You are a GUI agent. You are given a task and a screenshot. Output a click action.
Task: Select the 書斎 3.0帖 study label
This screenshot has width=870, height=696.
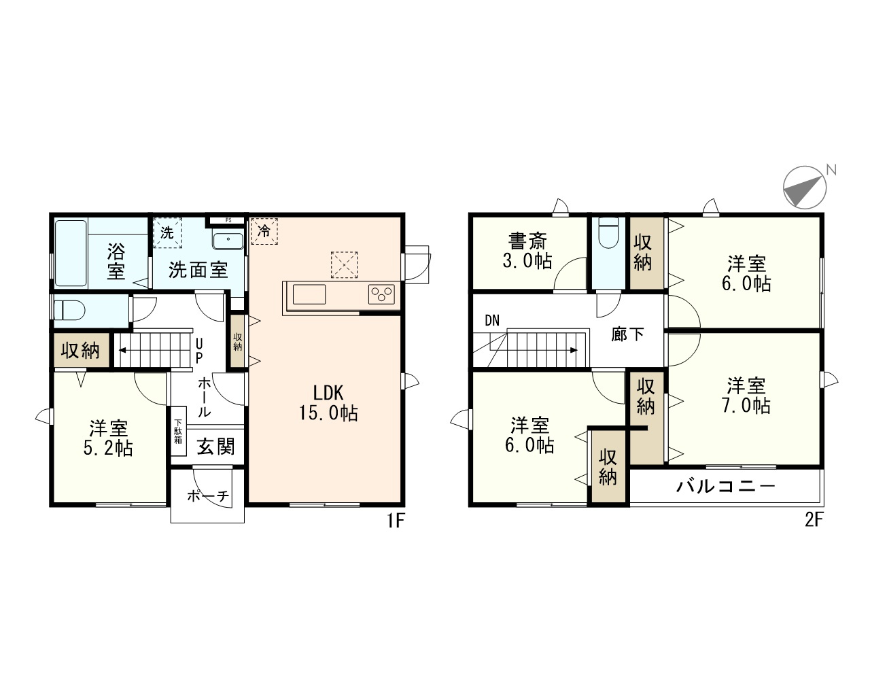point(528,251)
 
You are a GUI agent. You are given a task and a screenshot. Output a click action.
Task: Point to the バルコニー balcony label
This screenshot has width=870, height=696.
point(725,487)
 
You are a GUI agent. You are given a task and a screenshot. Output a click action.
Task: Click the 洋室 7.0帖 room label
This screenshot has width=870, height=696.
point(747,396)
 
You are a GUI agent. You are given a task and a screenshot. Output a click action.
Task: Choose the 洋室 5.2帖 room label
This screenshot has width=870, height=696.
point(109,438)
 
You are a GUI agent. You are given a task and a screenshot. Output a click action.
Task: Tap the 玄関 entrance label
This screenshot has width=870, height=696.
point(215,447)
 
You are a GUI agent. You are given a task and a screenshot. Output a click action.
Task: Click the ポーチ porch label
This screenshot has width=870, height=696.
point(207,496)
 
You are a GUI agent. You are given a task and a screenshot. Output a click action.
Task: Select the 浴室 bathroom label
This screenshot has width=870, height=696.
point(116,262)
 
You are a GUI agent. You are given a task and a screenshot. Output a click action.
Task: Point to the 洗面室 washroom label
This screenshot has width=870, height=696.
point(198,270)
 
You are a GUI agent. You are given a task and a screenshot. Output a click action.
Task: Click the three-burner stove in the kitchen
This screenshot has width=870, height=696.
point(381,294)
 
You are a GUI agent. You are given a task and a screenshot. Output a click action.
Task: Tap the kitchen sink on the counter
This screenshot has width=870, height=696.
point(309,295)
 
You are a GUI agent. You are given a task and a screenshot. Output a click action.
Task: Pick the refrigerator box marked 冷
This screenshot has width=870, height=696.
point(265,231)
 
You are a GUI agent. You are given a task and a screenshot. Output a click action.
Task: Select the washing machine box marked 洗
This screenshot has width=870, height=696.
point(167,231)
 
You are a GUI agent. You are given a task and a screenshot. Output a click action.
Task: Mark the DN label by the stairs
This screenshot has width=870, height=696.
point(493,321)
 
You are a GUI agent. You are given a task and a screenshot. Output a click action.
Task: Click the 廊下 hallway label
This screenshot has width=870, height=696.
point(627,334)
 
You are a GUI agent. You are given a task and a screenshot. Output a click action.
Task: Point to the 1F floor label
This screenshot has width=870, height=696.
point(396,522)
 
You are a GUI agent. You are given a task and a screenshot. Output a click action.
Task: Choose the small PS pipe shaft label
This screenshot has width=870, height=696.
point(228,220)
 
